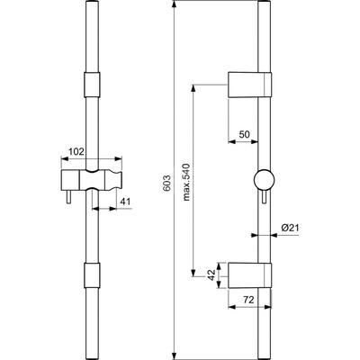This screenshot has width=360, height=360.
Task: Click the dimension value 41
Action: click(x=125, y=202)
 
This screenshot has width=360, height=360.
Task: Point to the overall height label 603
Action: click(x=167, y=183)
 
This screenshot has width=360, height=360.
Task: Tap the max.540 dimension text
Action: click(x=186, y=182)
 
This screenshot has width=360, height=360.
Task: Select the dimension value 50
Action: click(x=244, y=134)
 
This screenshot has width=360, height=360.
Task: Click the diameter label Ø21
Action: click(x=290, y=228)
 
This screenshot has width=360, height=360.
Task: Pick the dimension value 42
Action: click(x=211, y=275)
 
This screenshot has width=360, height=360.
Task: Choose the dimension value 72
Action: click(x=248, y=300)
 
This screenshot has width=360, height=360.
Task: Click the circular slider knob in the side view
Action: click(x=264, y=180)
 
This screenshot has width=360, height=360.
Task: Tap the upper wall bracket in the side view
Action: click(x=250, y=85)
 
